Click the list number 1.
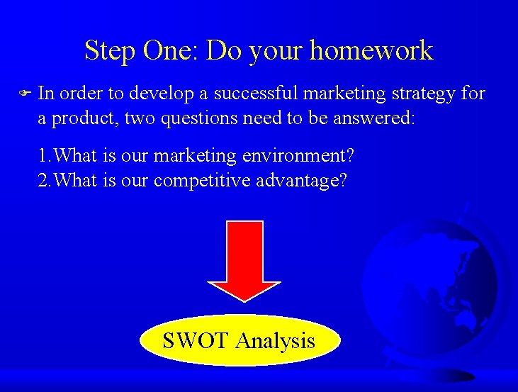tap(43, 155)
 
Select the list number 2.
tap(43, 180)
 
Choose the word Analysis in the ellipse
tap(275, 341)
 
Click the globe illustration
tap(440, 284)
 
